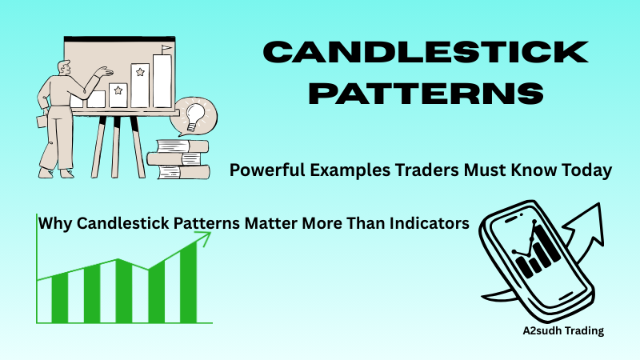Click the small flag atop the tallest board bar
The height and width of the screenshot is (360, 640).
pos(166,50)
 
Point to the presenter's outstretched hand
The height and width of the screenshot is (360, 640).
pos(102,71)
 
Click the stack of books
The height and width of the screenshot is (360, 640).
pos(177,158)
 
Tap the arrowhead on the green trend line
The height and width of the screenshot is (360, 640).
pos(205,237)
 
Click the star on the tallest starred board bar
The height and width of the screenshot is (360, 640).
pos(142,72)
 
